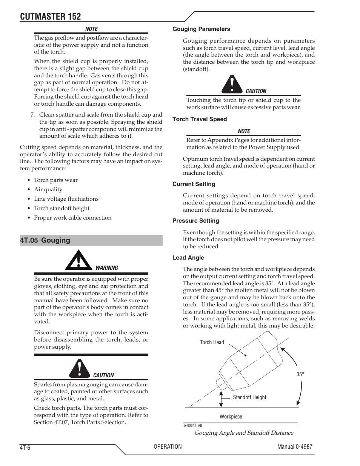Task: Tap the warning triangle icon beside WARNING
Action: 78,260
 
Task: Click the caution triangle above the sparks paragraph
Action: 80,369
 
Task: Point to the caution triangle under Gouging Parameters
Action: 232,85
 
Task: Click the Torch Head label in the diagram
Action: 212,342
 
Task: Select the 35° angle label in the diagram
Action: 300,375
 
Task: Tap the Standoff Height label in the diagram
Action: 249,397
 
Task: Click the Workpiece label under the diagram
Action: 231,417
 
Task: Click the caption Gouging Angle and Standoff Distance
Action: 243,433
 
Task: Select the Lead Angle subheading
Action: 188,258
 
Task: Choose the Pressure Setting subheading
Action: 195,221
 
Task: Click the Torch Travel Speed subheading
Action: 200,119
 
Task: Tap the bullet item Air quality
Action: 48,189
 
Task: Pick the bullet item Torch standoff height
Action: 62,208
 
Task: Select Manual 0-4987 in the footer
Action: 294,446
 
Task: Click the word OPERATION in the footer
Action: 168,446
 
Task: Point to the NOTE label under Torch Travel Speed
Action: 244,131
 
